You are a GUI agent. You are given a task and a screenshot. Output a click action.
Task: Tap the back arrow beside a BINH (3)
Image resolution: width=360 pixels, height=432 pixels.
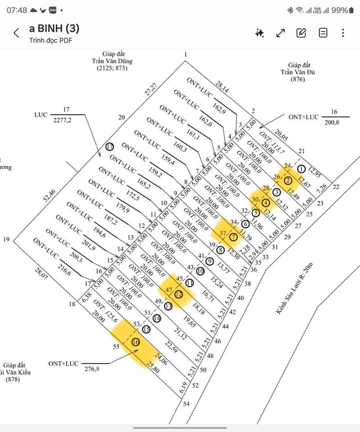pyautogui.click(x=16, y=33)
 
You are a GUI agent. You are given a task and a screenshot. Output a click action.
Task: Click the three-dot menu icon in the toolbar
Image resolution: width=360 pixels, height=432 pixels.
pyautogui.click(x=343, y=33)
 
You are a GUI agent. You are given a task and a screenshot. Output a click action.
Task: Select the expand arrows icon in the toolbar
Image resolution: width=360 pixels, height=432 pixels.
pyautogui.click(x=280, y=33)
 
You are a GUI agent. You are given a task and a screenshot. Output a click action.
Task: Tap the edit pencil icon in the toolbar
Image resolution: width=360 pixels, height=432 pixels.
pyautogui.click(x=301, y=33)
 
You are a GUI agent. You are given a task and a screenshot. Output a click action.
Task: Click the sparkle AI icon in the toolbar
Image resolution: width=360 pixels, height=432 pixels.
pyautogui.click(x=259, y=33)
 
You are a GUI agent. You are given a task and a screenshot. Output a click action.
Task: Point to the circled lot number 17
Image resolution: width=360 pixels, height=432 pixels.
pyautogui.click(x=110, y=147)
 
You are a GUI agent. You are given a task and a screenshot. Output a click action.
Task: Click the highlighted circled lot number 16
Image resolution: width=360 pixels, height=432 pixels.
pyautogui.click(x=135, y=342)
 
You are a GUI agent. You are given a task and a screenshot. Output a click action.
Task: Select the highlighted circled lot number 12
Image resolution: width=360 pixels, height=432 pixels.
pyautogui.click(x=178, y=294)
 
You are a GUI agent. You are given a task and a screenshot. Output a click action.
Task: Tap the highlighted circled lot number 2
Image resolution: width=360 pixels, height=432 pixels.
pyautogui.click(x=288, y=181)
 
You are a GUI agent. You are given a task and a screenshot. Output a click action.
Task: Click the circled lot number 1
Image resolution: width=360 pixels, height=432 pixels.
pyautogui.click(x=301, y=169)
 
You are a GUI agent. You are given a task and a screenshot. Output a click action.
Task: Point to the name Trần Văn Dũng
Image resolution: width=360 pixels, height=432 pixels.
pyautogui.click(x=112, y=61)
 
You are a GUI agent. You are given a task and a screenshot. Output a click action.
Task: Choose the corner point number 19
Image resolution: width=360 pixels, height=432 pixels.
pyautogui.click(x=6, y=239)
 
